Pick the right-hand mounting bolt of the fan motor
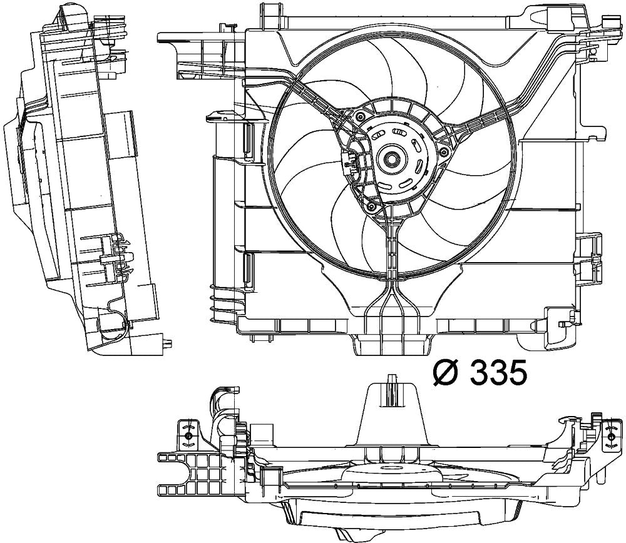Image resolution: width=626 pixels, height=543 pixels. pos(444,151)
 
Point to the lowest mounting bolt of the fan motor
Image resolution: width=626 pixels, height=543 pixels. pos(371,205)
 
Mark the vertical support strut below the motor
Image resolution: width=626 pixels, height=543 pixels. pos(392,250)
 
